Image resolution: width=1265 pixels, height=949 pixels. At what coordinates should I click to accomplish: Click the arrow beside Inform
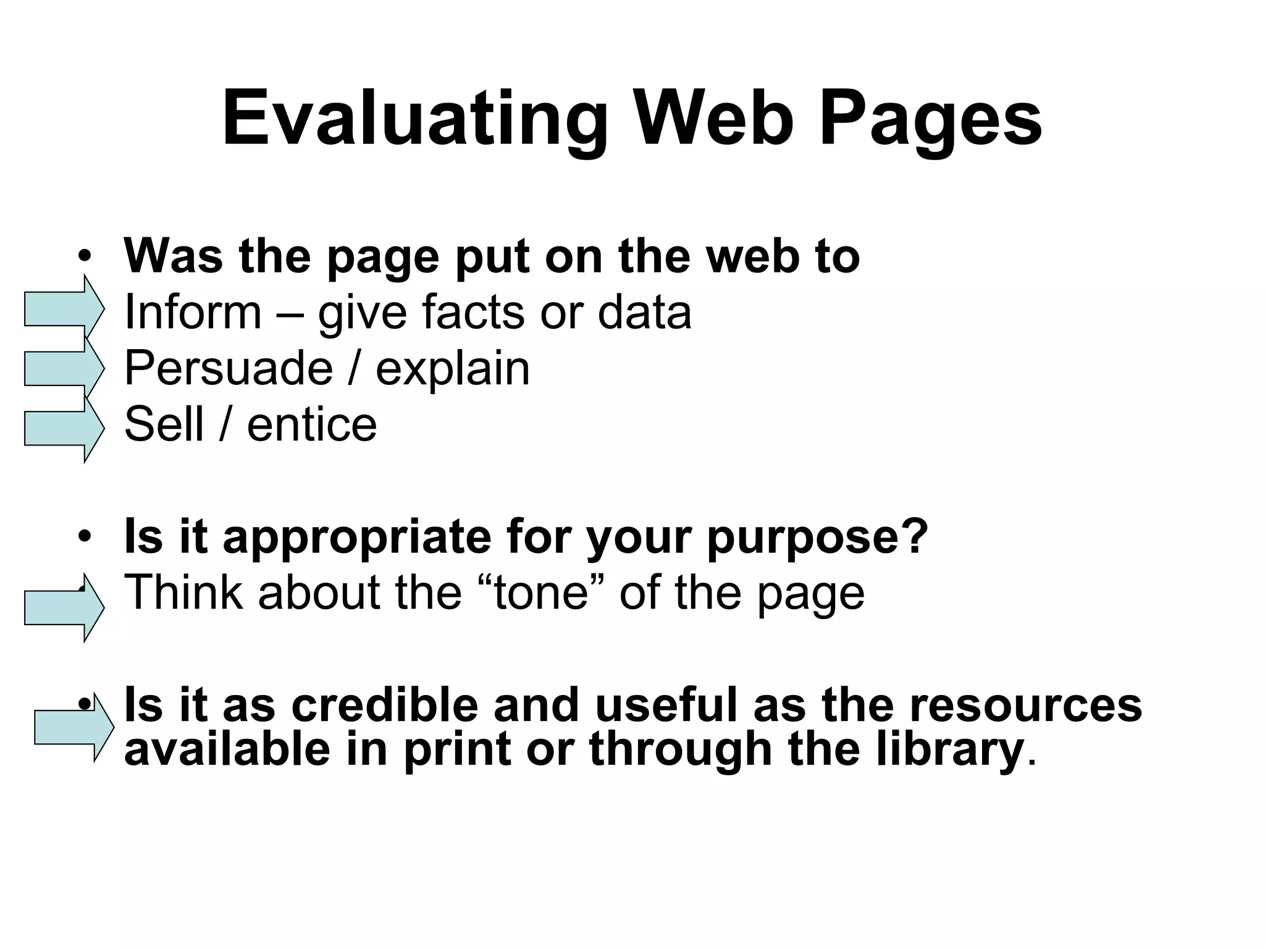[x=64, y=308]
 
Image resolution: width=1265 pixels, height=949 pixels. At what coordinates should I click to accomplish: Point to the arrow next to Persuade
[x=64, y=369]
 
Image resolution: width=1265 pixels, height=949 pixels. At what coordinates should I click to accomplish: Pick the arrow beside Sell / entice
[x=64, y=428]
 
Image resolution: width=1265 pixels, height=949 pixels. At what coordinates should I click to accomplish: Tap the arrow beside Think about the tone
[x=64, y=608]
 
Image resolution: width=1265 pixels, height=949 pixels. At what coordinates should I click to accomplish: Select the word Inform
[x=193, y=312]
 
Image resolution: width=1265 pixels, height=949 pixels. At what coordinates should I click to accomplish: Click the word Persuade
[x=229, y=368]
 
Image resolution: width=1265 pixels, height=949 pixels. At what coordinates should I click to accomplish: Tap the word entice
[x=312, y=424]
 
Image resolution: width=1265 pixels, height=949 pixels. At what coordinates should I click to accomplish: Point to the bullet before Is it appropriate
[x=85, y=536]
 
